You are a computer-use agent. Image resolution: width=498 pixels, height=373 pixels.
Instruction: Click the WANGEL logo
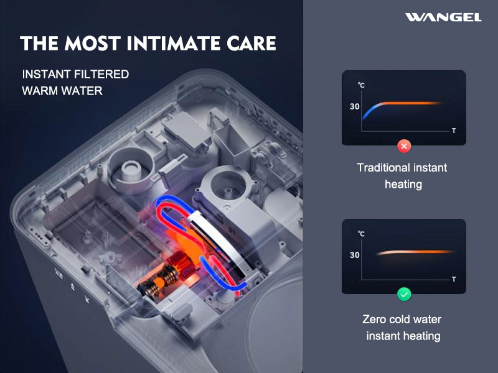tap(443, 17)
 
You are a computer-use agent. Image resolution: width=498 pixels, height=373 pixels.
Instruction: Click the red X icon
tap(404, 146)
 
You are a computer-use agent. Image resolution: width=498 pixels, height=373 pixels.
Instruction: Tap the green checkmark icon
tap(404, 295)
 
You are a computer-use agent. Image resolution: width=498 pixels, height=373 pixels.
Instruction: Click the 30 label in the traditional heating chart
tap(354, 106)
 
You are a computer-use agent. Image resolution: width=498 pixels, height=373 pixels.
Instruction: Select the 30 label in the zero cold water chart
tap(354, 255)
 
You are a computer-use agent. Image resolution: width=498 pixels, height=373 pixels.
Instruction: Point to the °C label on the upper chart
tap(361, 85)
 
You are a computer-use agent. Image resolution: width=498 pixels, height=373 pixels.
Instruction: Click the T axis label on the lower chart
tap(454, 279)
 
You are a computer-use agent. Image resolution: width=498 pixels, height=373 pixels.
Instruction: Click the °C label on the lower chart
tap(361, 234)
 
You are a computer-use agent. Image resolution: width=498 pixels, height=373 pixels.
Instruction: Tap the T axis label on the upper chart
tap(454, 131)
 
